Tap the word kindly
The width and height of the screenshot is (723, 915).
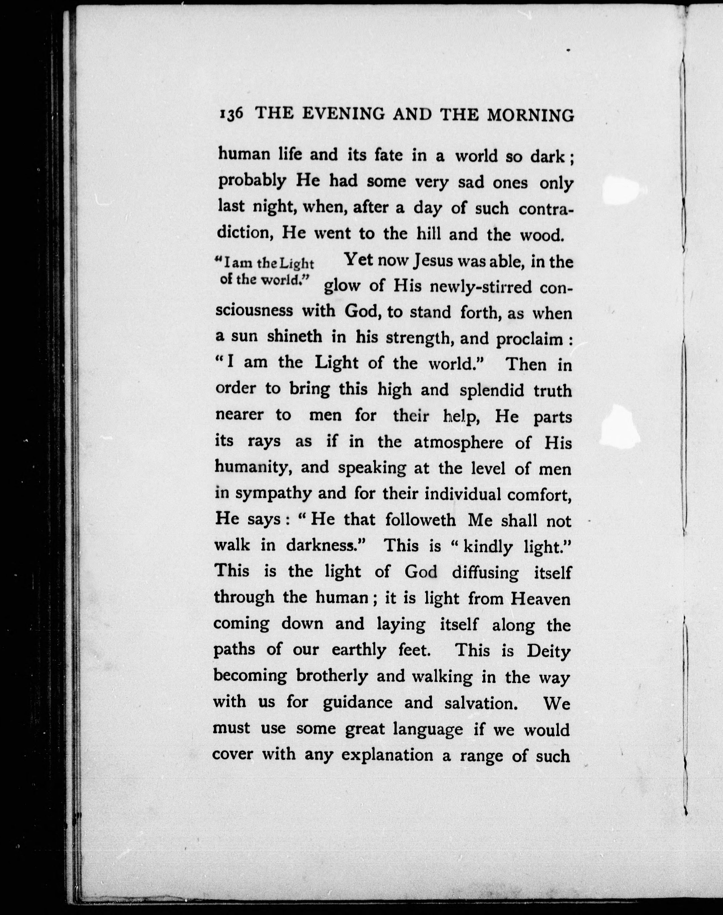pos(488,547)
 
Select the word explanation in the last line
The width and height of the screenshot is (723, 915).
pos(387,756)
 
